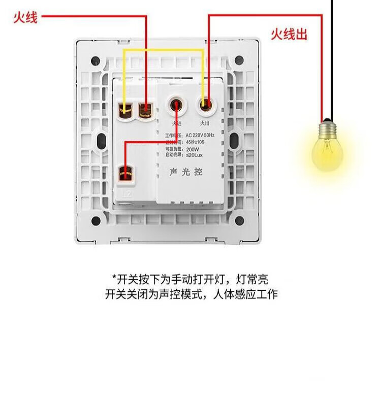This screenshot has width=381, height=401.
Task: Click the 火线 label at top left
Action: click(25, 19)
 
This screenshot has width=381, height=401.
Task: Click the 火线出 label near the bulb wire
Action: click(289, 35)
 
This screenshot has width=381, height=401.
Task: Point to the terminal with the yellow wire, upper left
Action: click(125, 109)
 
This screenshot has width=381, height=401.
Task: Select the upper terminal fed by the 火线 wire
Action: click(146, 109)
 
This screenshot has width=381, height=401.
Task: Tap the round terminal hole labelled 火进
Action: click(176, 106)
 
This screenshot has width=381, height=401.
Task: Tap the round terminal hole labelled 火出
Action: click(205, 106)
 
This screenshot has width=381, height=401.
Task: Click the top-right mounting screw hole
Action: click(239, 61)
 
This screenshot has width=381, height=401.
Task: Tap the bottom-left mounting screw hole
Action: click(95, 220)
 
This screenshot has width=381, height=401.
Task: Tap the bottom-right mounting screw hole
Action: click(239, 220)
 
